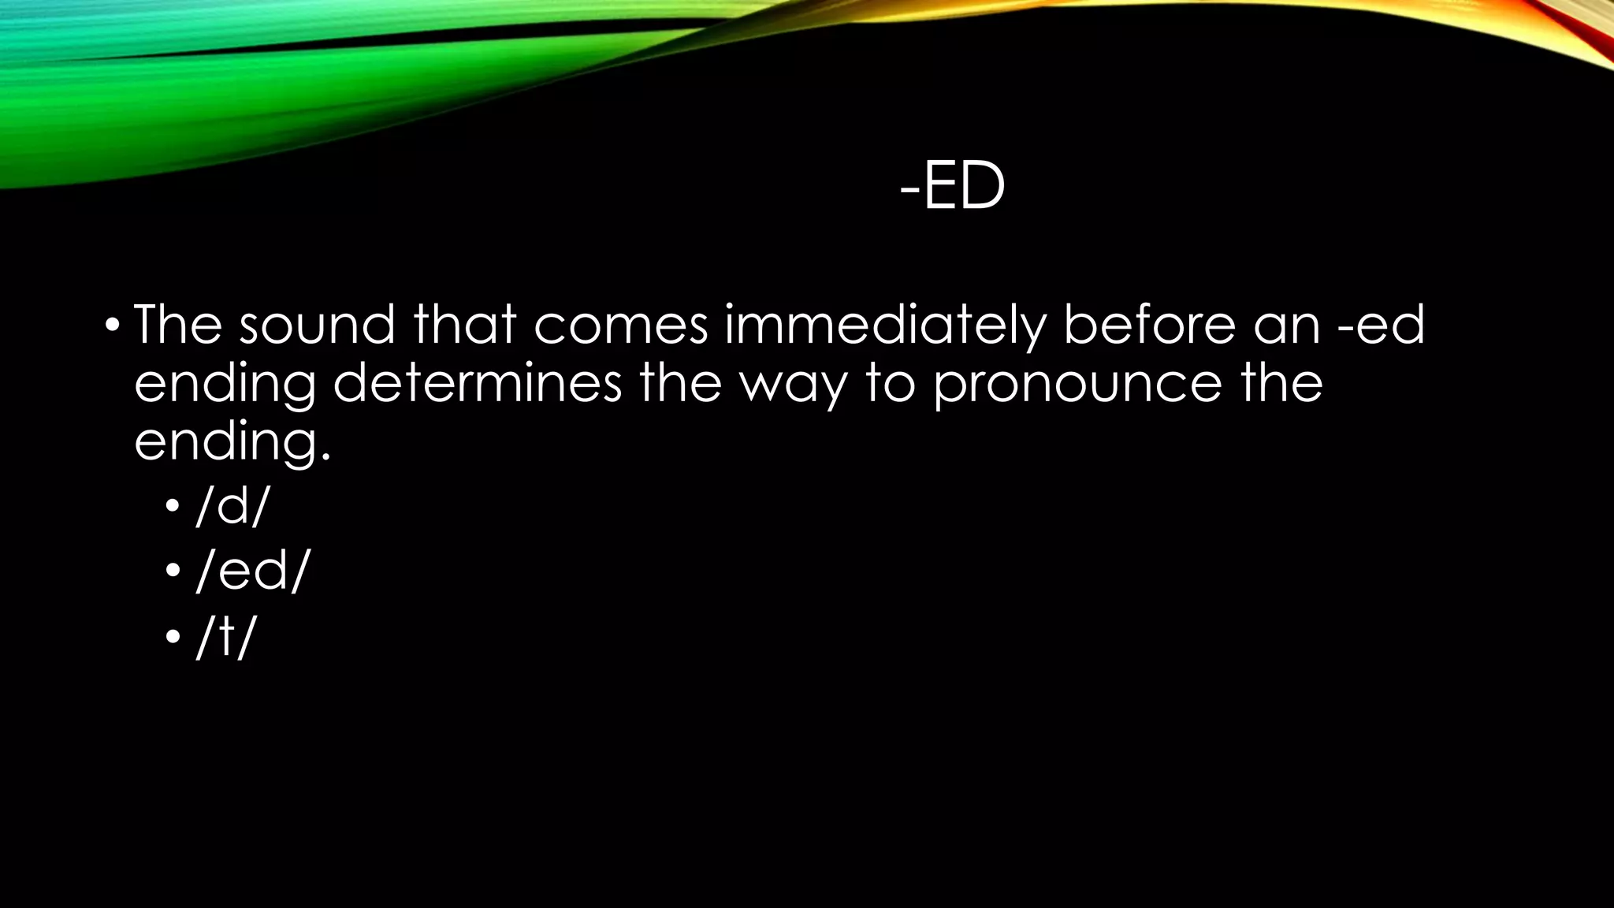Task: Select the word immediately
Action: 884,326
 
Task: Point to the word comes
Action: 621,326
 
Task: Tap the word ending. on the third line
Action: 232,443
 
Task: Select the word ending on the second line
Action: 225,385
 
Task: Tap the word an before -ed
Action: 1286,326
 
